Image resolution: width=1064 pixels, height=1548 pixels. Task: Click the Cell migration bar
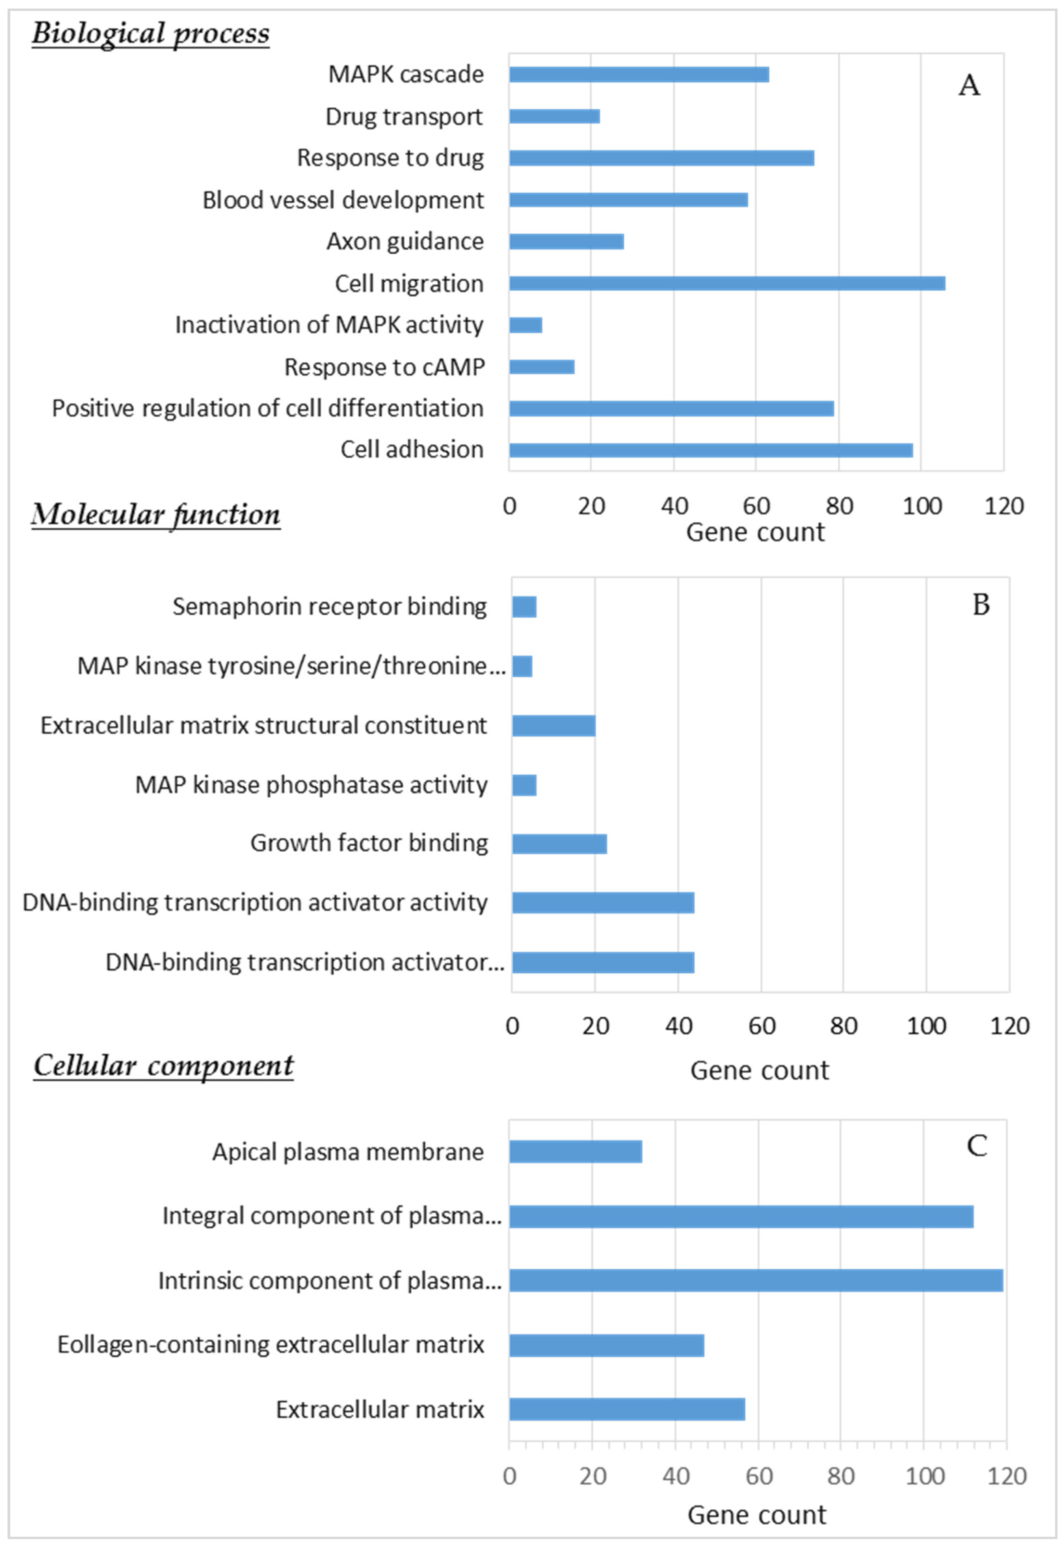click(727, 283)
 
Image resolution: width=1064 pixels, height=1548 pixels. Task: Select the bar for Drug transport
click(554, 116)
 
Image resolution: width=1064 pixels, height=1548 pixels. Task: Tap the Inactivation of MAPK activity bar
click(526, 325)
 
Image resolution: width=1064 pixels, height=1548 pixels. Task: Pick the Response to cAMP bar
click(541, 367)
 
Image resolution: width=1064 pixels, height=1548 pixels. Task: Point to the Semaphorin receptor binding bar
click(524, 607)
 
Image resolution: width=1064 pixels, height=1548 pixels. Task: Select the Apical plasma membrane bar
click(575, 1151)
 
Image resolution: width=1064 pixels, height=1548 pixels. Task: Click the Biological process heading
click(151, 34)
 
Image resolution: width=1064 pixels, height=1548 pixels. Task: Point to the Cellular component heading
click(163, 1065)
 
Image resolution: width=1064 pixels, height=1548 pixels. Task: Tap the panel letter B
click(981, 605)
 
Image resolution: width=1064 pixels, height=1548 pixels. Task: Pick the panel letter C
click(977, 1146)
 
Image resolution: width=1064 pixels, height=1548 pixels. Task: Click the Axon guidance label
click(405, 241)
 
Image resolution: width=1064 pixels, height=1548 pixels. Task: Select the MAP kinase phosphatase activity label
click(311, 785)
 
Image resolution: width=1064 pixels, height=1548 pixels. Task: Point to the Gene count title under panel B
click(759, 1070)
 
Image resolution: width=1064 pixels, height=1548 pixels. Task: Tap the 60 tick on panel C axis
click(759, 1476)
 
